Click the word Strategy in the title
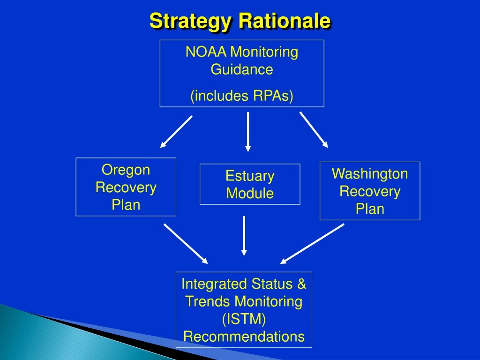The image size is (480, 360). [x=190, y=21]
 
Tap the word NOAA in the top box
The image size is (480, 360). [x=201, y=52]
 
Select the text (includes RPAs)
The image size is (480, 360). [x=241, y=96]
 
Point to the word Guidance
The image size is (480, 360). [x=241, y=69]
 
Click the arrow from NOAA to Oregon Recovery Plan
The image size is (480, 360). [x=176, y=132]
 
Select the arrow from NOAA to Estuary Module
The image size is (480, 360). [x=248, y=131]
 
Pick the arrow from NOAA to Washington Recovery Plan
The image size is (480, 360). [x=314, y=129]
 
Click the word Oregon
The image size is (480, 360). [x=126, y=170]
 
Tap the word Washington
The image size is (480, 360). [x=370, y=174]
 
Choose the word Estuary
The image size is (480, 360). [x=250, y=176]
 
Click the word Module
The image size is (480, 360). [x=250, y=193]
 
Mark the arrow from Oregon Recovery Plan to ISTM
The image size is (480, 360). [x=186, y=244]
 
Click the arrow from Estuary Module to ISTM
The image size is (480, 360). [x=244, y=236]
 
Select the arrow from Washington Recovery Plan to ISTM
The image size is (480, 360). [x=312, y=244]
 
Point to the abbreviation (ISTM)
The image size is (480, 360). [x=244, y=319]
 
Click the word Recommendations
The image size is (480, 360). [x=244, y=337]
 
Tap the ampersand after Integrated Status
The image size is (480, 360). [x=301, y=284]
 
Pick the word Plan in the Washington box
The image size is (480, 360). [x=370, y=209]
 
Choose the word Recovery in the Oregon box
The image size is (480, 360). [x=126, y=187]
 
